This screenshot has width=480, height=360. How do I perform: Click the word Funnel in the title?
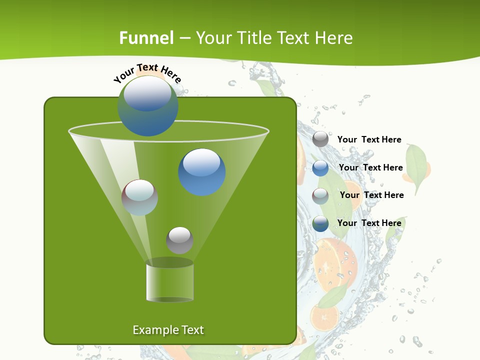(x=146, y=38)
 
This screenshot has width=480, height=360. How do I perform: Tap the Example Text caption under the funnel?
(x=168, y=330)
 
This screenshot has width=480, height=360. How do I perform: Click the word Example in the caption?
(x=150, y=330)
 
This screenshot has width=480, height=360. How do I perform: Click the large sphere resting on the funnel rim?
(x=148, y=106)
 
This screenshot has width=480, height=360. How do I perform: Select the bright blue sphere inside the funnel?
(x=202, y=172)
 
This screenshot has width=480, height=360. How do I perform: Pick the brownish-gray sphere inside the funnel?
(x=140, y=197)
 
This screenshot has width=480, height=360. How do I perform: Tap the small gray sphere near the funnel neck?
(x=179, y=240)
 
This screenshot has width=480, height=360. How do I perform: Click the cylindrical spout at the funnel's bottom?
(x=170, y=280)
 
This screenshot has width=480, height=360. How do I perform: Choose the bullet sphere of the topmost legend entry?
(x=320, y=139)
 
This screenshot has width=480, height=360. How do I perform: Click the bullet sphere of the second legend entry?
(x=320, y=168)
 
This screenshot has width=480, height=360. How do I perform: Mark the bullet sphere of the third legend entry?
(x=320, y=196)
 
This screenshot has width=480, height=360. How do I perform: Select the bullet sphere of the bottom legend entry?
(x=320, y=223)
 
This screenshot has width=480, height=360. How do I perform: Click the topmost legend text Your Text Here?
(x=369, y=139)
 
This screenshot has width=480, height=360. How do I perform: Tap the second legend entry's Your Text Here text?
(x=370, y=167)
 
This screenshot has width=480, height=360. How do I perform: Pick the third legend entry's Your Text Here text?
(x=371, y=195)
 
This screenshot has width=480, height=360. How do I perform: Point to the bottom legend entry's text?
(x=369, y=223)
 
